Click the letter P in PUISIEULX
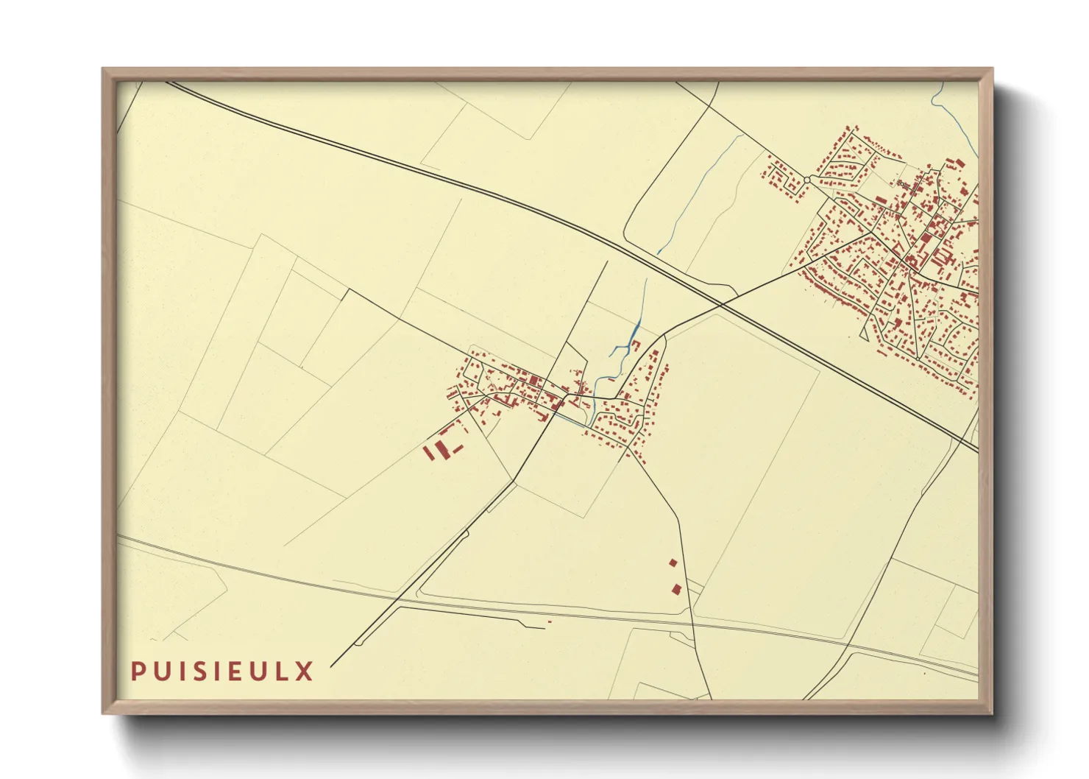(x=138, y=672)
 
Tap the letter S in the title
(x=202, y=672)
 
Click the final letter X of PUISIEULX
(x=305, y=672)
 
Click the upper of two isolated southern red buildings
(x=673, y=563)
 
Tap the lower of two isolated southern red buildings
(x=676, y=588)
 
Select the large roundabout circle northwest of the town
(x=807, y=180)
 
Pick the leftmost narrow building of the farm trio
(x=429, y=451)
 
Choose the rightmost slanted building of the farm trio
(x=457, y=448)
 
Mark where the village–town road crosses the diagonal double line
(x=720, y=303)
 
